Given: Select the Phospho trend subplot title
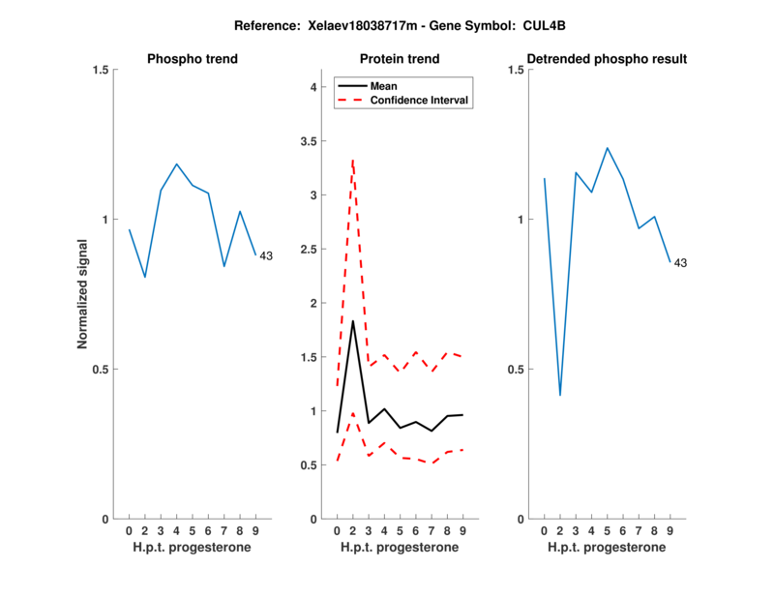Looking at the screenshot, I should point(193,59).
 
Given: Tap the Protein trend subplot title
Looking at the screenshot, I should point(401,59).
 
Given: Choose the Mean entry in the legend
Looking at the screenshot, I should point(384,85).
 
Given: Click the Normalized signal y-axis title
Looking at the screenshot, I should point(83,294).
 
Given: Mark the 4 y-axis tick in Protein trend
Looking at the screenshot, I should point(313,87).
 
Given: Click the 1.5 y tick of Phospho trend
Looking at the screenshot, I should point(100,70).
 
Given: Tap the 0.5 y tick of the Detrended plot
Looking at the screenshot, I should point(515,370).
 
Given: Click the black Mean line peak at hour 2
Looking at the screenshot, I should point(353,320).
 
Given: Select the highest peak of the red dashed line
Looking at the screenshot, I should point(353,161).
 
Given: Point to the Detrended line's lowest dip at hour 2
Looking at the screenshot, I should point(560,395).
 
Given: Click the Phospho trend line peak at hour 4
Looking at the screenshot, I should point(177,164).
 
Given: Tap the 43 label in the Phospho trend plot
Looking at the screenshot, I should point(266,256).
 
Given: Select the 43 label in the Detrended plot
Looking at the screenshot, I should point(680,263).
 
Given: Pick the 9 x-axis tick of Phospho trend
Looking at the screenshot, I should point(255,530).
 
